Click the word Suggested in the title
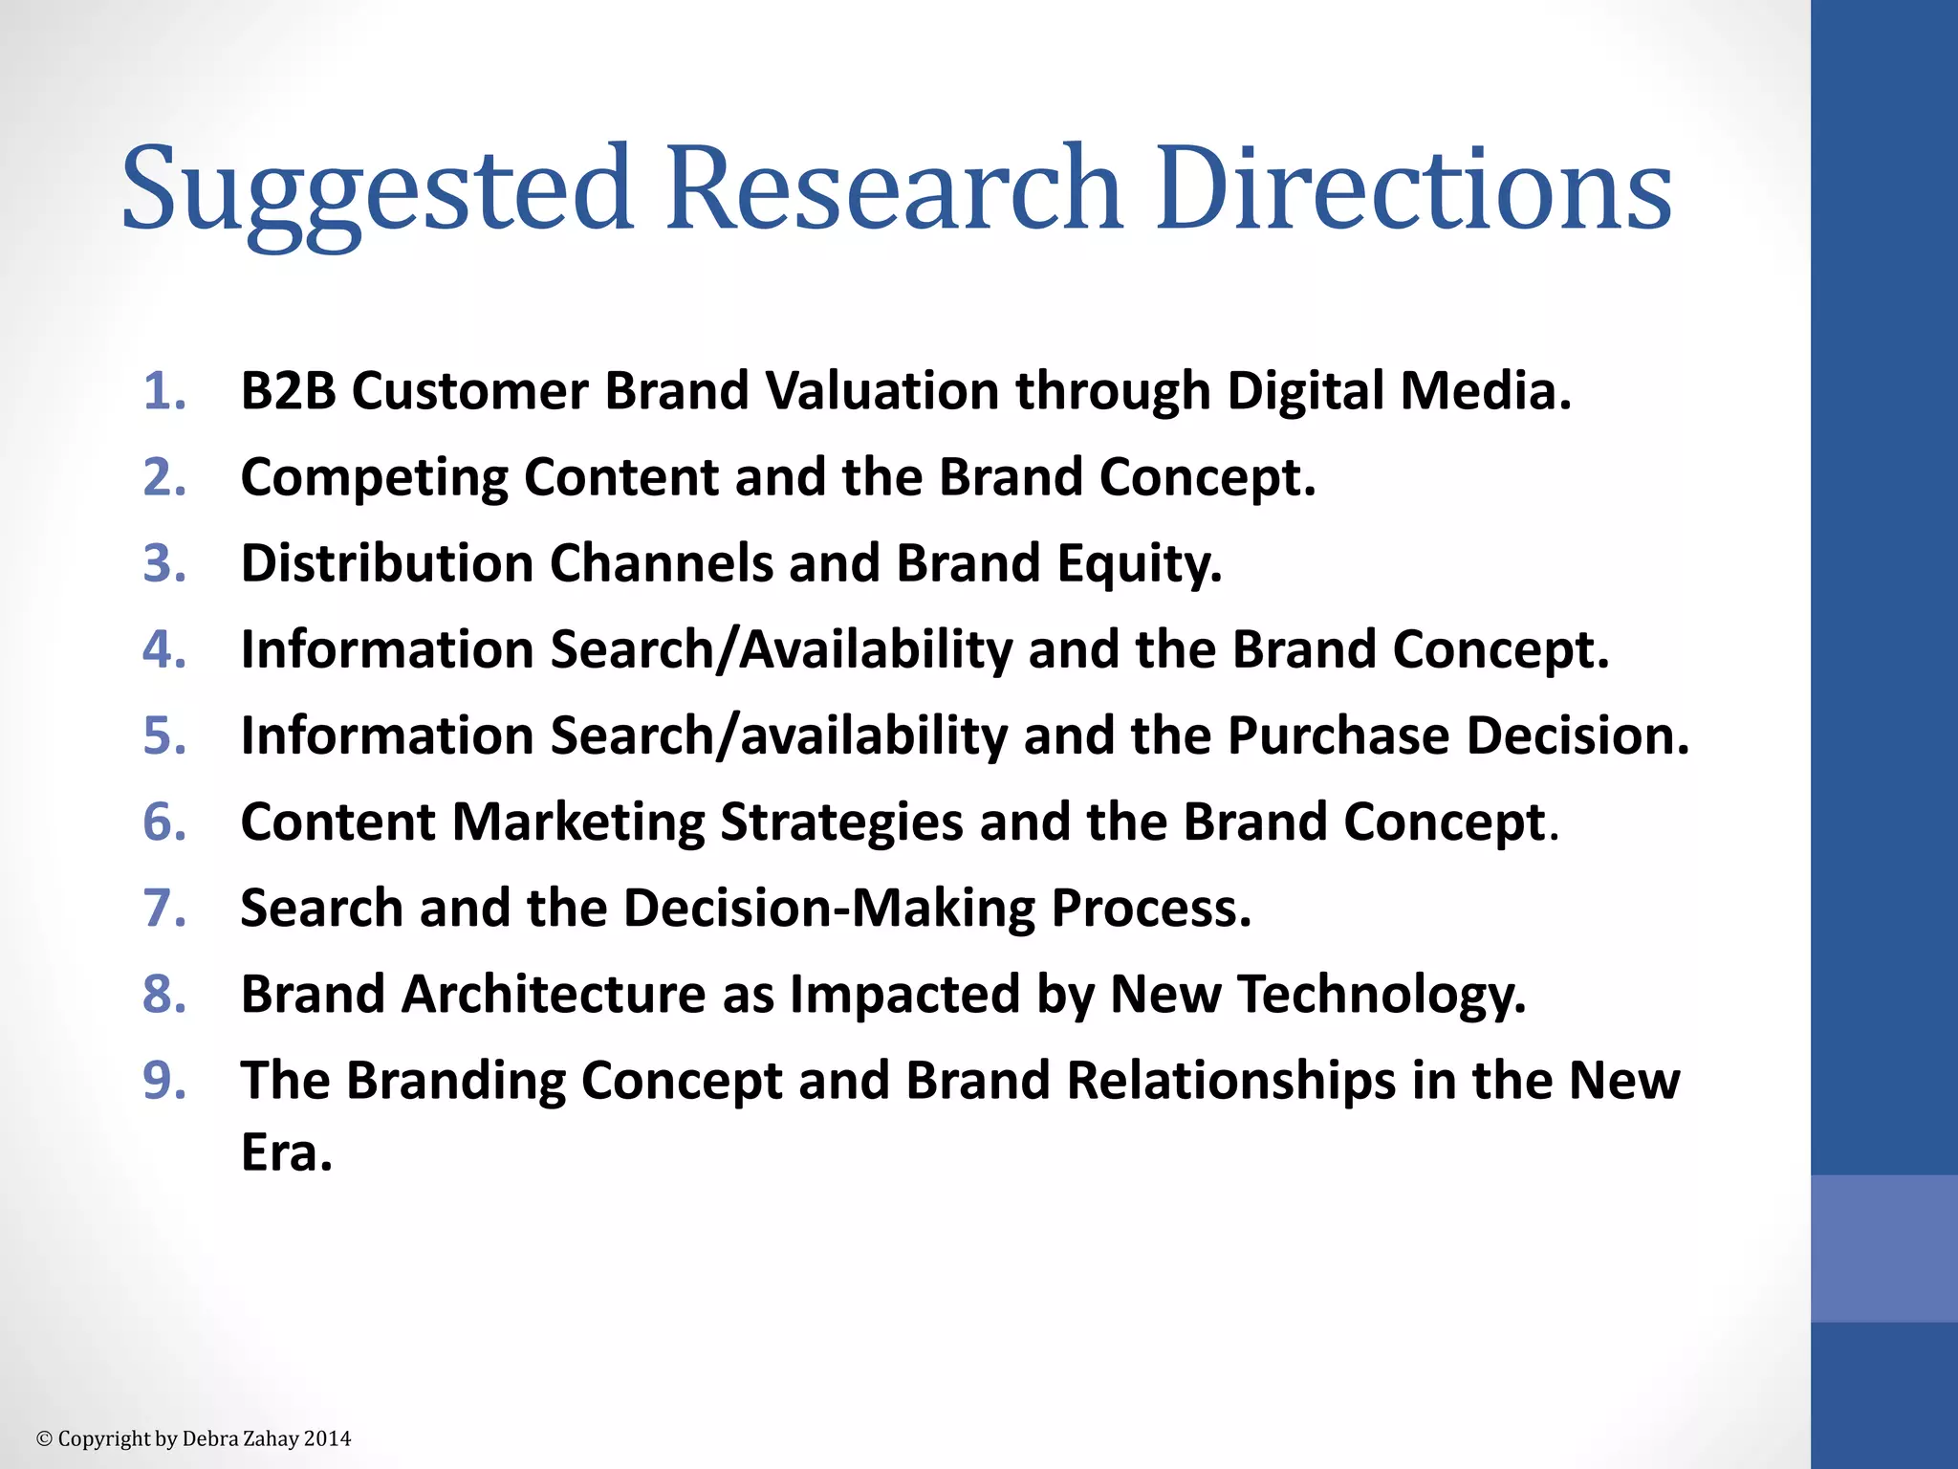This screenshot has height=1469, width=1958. (377, 188)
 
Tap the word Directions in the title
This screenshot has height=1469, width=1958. (1413, 188)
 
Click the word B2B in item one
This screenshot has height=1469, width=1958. (288, 391)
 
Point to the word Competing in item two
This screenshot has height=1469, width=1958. (374, 477)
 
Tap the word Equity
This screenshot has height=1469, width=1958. (1139, 563)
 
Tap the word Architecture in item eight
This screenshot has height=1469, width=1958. (554, 994)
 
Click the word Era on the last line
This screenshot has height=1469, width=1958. (285, 1151)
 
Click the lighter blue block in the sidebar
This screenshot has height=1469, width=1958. (1883, 1248)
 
